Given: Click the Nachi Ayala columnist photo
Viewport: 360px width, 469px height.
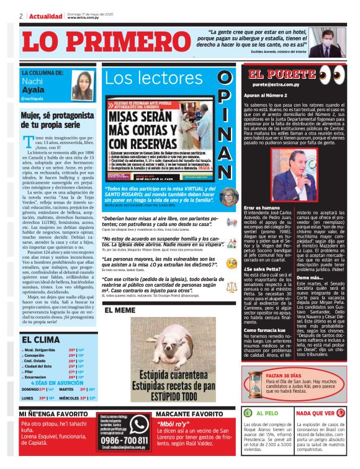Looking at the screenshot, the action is click(x=82, y=85).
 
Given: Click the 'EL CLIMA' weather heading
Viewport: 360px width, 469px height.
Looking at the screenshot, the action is click(x=41, y=339).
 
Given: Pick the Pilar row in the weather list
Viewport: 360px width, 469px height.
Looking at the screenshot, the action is click(x=34, y=370).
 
